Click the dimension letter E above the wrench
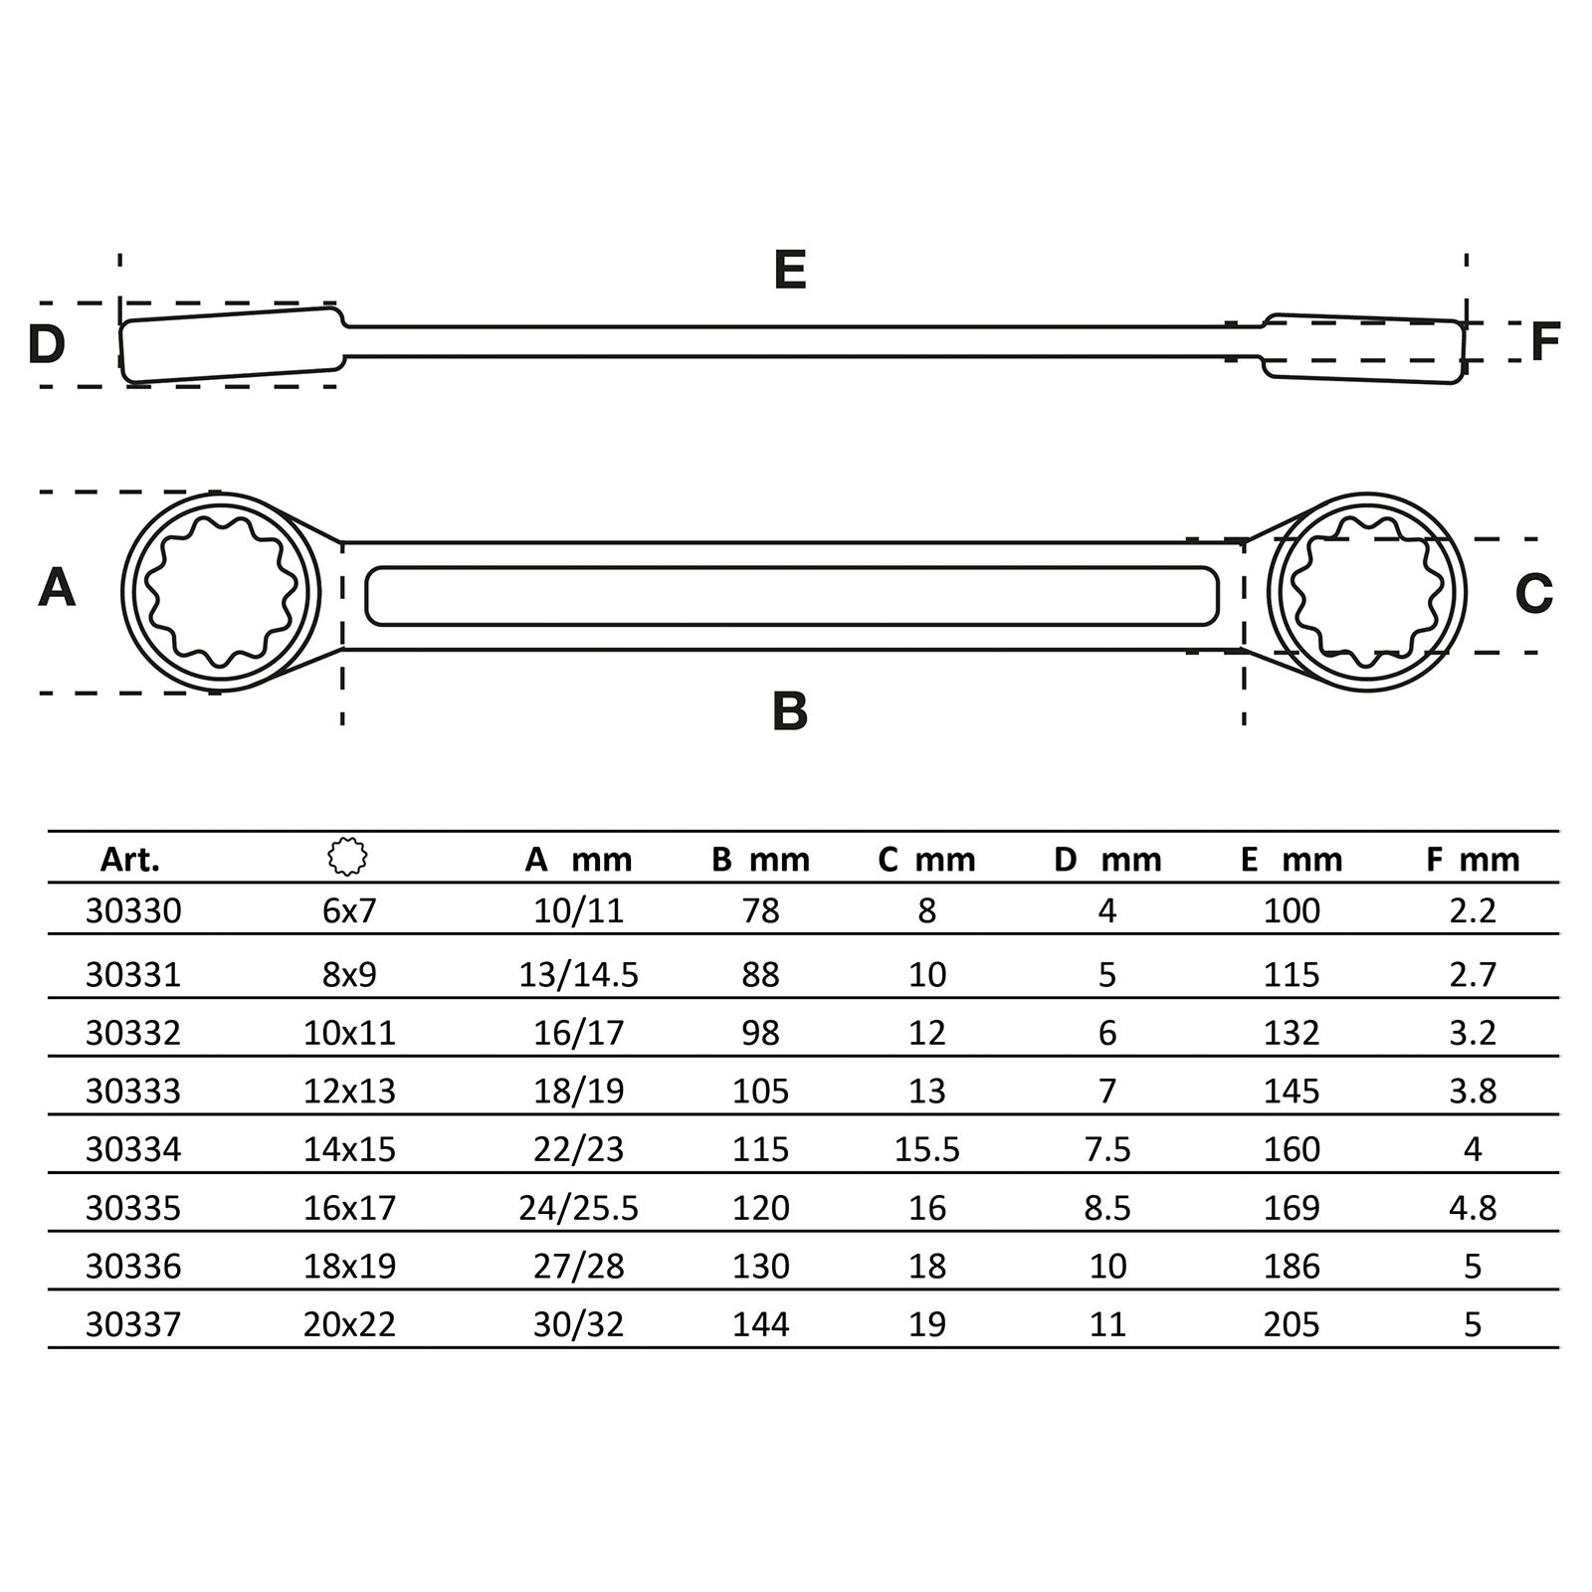click(x=790, y=271)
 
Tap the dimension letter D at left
click(x=47, y=344)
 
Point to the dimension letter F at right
click(x=1544, y=341)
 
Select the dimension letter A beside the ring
click(x=57, y=588)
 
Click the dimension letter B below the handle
click(x=790, y=711)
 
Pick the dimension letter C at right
click(x=1533, y=594)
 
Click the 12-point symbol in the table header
click(x=347, y=857)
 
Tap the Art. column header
click(x=130, y=860)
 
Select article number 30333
click(x=133, y=1092)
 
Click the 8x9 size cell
click(x=349, y=974)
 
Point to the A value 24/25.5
click(x=578, y=1208)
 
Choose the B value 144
click(x=761, y=1324)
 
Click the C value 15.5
click(x=927, y=1149)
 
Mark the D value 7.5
click(x=1108, y=1149)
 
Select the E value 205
click(x=1292, y=1324)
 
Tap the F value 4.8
click(x=1473, y=1208)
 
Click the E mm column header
click(x=1292, y=860)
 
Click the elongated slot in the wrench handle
click(x=792, y=596)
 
